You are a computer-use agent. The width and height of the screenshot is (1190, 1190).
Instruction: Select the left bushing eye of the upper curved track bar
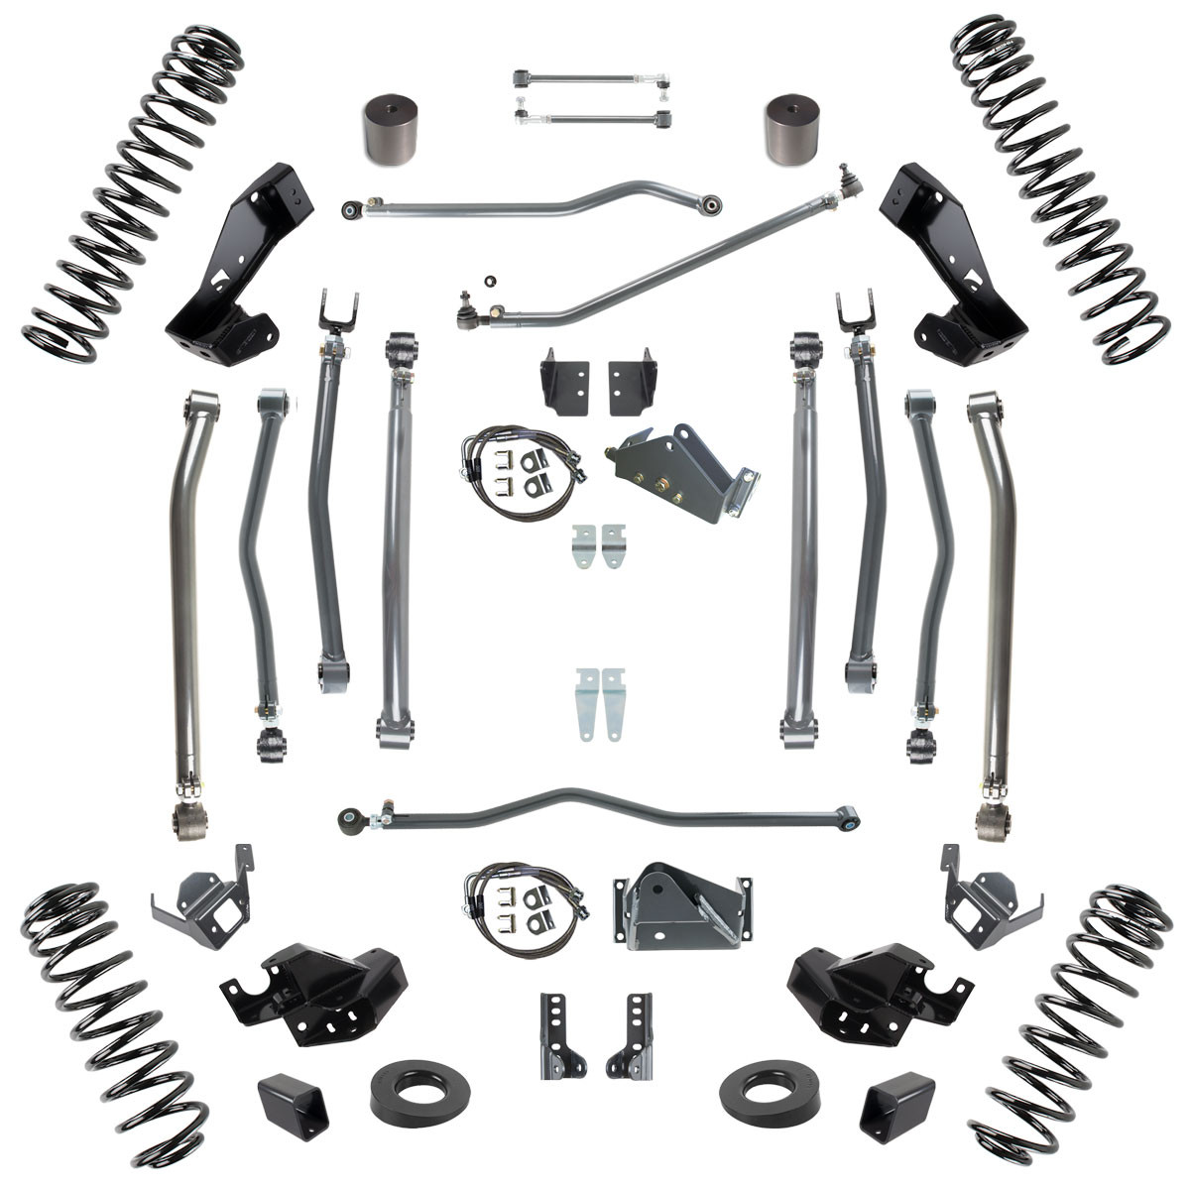click(350, 209)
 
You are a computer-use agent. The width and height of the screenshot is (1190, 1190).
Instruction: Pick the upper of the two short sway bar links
click(589, 77)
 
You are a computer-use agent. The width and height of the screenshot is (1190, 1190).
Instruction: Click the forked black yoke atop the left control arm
click(338, 311)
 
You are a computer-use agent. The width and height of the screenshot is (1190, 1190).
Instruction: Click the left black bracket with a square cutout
click(199, 897)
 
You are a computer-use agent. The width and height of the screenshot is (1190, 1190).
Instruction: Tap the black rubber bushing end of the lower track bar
click(352, 822)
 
